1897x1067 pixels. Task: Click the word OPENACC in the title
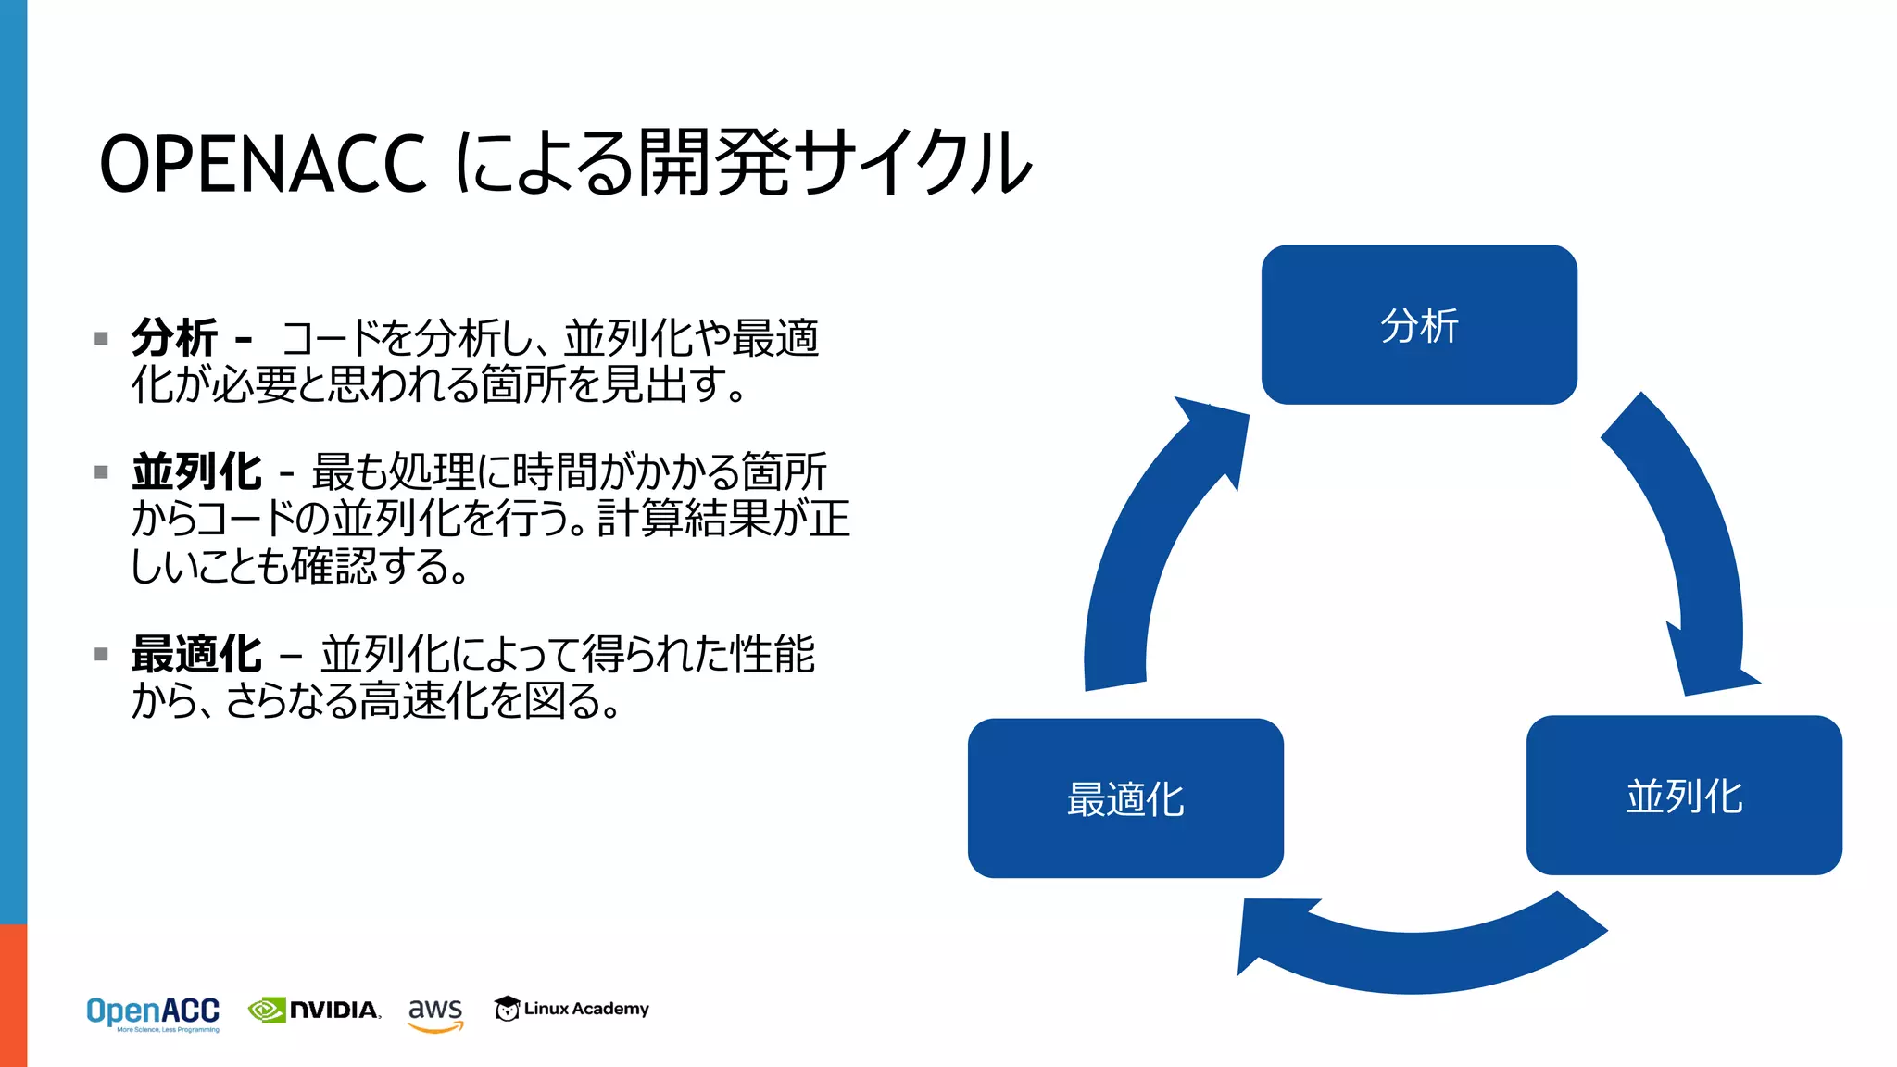click(262, 164)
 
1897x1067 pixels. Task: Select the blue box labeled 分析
click(1419, 325)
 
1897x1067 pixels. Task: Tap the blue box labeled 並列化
click(1684, 796)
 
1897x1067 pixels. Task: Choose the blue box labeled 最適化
click(1125, 798)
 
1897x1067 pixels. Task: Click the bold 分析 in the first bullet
click(174, 337)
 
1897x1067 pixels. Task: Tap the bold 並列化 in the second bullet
click(196, 471)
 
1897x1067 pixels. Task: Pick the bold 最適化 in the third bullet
click(196, 654)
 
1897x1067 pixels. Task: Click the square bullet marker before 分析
click(102, 339)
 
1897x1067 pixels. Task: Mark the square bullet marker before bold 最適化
click(102, 655)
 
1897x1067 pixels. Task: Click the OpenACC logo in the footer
click(153, 1012)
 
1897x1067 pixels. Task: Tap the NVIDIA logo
click(315, 1010)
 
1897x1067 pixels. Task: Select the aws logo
click(435, 1012)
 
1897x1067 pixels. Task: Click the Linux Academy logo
click(572, 1009)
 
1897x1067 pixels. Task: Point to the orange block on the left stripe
click(13, 995)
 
